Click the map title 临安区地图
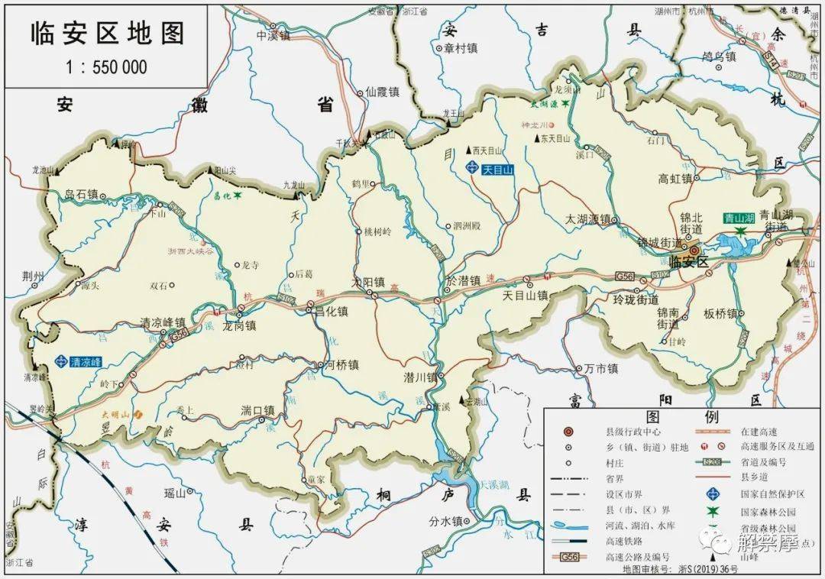pyautogui.click(x=107, y=33)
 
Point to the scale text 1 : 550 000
pyautogui.click(x=107, y=67)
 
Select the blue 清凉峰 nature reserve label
pyautogui.click(x=85, y=361)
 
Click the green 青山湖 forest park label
pyautogui.click(x=739, y=218)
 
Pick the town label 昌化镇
pyautogui.click(x=331, y=312)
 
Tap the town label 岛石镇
pyautogui.click(x=82, y=194)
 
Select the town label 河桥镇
pyautogui.click(x=342, y=365)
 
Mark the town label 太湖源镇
pyautogui.click(x=587, y=219)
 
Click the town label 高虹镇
pyautogui.click(x=675, y=179)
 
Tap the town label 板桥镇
pyautogui.click(x=720, y=314)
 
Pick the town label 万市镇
pyautogui.click(x=601, y=369)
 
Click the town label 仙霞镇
pyautogui.click(x=383, y=91)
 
